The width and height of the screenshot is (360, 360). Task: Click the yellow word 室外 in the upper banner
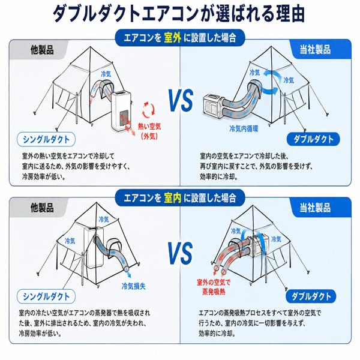coord(173,38)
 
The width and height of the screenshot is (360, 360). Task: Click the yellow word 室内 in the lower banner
coord(173,197)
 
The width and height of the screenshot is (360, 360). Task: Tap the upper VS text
coord(181,100)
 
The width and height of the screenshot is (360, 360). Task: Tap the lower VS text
coord(180,253)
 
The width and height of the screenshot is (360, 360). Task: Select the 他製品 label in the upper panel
coord(42,50)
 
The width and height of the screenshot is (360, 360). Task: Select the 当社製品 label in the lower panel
coord(315,208)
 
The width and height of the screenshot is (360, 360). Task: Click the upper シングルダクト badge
coord(46,139)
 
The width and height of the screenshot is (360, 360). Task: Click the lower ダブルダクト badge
coord(311,296)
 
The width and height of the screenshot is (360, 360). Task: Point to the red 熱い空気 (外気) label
coord(149,131)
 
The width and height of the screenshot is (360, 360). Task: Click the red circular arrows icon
coord(149,110)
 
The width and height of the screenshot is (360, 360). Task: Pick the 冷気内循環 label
coord(244,128)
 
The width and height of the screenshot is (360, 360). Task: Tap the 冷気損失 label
coord(134,286)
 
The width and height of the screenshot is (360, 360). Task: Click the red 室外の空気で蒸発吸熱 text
coord(214,287)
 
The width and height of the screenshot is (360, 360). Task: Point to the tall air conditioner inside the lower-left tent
coord(94,247)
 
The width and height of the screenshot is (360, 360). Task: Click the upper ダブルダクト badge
coord(313,139)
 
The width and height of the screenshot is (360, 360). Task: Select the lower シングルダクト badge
coord(46,296)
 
